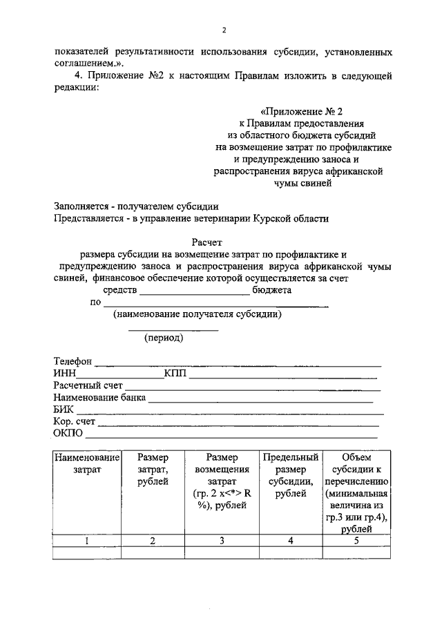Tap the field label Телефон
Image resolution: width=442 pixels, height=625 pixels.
(x=73, y=361)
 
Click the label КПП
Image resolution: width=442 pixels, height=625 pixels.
(x=175, y=374)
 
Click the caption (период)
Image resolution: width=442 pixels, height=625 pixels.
(x=164, y=338)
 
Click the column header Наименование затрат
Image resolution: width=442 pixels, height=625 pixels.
(x=87, y=463)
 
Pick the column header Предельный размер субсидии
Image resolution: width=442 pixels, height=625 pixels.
(x=291, y=475)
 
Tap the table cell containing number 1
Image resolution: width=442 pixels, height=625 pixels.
(x=87, y=541)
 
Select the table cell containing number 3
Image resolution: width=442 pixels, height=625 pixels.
(x=222, y=541)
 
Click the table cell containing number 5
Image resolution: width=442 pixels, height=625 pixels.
(x=356, y=541)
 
